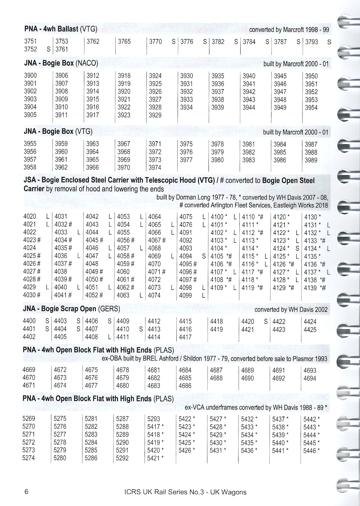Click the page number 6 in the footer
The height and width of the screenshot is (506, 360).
click(x=26, y=492)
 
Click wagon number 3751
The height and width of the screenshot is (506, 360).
click(x=30, y=41)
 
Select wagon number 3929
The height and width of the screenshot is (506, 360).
click(x=155, y=115)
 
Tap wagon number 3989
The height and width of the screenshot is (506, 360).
click(x=311, y=160)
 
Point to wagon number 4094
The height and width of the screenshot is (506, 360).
click(x=186, y=256)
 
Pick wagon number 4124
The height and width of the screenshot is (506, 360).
click(x=279, y=248)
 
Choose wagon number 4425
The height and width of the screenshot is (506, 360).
click(x=310, y=330)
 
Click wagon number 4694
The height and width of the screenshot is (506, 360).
click(x=310, y=378)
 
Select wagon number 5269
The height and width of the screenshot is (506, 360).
click(x=29, y=418)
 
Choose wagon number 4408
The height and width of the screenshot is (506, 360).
click(x=91, y=337)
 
